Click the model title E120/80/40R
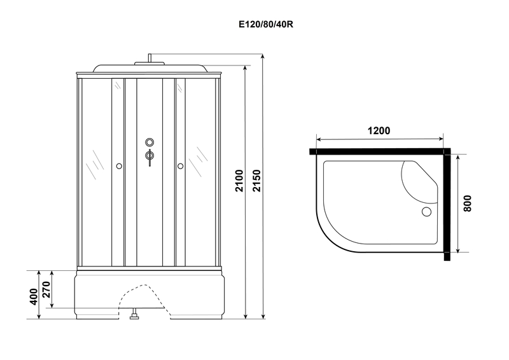click(x=266, y=24)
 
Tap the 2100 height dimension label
click(x=239, y=181)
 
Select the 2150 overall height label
click(x=257, y=181)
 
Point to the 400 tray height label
click(x=34, y=296)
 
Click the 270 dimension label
click(x=46, y=289)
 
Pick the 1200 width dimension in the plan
click(x=379, y=130)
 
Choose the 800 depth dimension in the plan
click(x=467, y=204)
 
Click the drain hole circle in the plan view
click(x=426, y=212)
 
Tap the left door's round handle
click(x=119, y=166)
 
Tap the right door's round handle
click(x=181, y=166)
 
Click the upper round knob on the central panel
click(x=150, y=142)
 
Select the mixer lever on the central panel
click(x=150, y=157)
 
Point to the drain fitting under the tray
click(x=134, y=314)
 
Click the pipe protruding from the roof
click(x=150, y=58)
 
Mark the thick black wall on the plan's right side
click(x=447, y=205)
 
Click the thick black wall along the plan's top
click(x=380, y=151)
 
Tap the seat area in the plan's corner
click(x=419, y=182)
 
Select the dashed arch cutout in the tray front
click(x=145, y=299)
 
